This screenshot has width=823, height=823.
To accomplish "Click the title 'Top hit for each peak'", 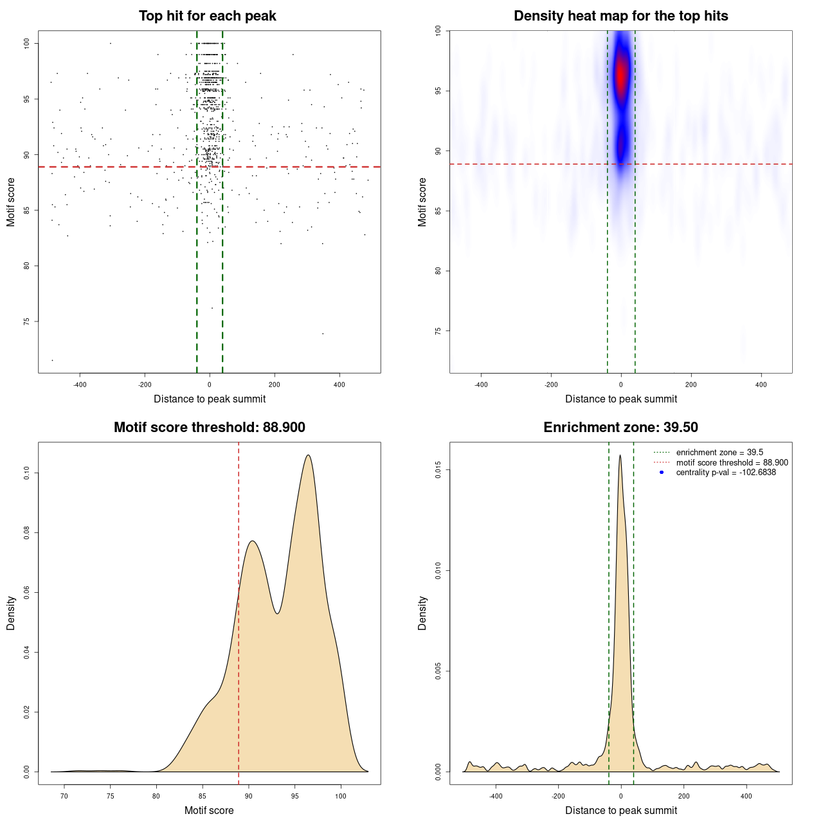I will tap(207, 16).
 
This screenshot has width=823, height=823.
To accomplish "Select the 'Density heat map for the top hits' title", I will tap(620, 16).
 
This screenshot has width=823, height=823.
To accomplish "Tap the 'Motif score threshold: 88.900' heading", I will tap(209, 428).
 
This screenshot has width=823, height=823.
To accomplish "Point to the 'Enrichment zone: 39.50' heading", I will tap(620, 428).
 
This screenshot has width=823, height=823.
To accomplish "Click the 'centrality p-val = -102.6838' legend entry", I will tap(725, 473).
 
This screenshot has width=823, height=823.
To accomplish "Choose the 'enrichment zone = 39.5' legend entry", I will tap(719, 453).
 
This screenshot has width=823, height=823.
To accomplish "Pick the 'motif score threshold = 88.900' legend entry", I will tap(732, 463).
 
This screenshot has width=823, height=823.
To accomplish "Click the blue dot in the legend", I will tap(662, 473).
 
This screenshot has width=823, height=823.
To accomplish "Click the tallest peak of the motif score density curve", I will tap(309, 455).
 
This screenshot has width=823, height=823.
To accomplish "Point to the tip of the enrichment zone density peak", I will tap(620, 455).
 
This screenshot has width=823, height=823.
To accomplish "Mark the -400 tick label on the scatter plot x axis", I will tap(80, 385).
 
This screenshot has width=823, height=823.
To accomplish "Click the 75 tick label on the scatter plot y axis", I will tap(26, 321).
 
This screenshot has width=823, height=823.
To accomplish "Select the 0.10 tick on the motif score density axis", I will tap(26, 473).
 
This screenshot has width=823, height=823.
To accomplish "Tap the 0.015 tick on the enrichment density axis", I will tap(438, 470).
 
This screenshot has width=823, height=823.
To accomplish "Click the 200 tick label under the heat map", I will tap(691, 385).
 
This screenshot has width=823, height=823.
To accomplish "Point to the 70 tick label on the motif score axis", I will tap(64, 797).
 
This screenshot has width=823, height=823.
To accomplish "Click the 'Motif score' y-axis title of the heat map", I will tap(422, 202).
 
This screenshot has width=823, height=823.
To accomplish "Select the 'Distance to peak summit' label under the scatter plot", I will tap(209, 399).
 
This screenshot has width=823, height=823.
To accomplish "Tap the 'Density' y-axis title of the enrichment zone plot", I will tap(422, 613).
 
